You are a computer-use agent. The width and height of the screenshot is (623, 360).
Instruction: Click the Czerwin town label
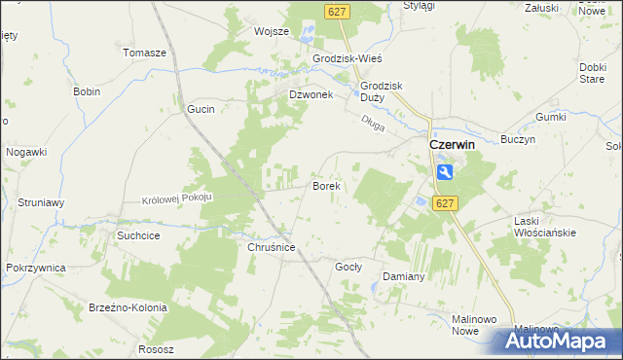(453, 145)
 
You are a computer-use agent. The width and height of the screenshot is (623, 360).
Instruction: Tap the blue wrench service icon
(445, 172)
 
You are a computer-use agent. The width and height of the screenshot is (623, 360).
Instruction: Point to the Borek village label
(324, 185)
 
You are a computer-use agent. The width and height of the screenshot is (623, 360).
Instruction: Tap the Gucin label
(201, 110)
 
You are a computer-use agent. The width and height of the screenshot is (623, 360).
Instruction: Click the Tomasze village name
(144, 53)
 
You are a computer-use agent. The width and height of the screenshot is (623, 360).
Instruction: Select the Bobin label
(87, 91)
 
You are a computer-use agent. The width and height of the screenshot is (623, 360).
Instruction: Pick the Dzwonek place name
(311, 95)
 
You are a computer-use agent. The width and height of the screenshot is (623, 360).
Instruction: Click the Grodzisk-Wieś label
(347, 58)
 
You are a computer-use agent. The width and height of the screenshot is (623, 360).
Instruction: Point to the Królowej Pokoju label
(176, 198)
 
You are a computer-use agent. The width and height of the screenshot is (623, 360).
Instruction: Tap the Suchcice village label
(138, 235)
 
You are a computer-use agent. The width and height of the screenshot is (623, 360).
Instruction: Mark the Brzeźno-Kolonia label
(129, 307)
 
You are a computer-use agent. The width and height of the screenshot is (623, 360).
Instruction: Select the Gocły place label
(348, 266)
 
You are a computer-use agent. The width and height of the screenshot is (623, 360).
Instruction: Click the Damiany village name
(403, 277)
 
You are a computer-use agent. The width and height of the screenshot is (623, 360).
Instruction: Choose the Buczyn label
(518, 139)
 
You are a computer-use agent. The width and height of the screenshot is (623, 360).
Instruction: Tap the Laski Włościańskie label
(545, 227)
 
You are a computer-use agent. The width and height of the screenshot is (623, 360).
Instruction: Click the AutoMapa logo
(559, 341)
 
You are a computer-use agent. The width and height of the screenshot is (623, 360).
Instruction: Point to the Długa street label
(373, 122)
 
